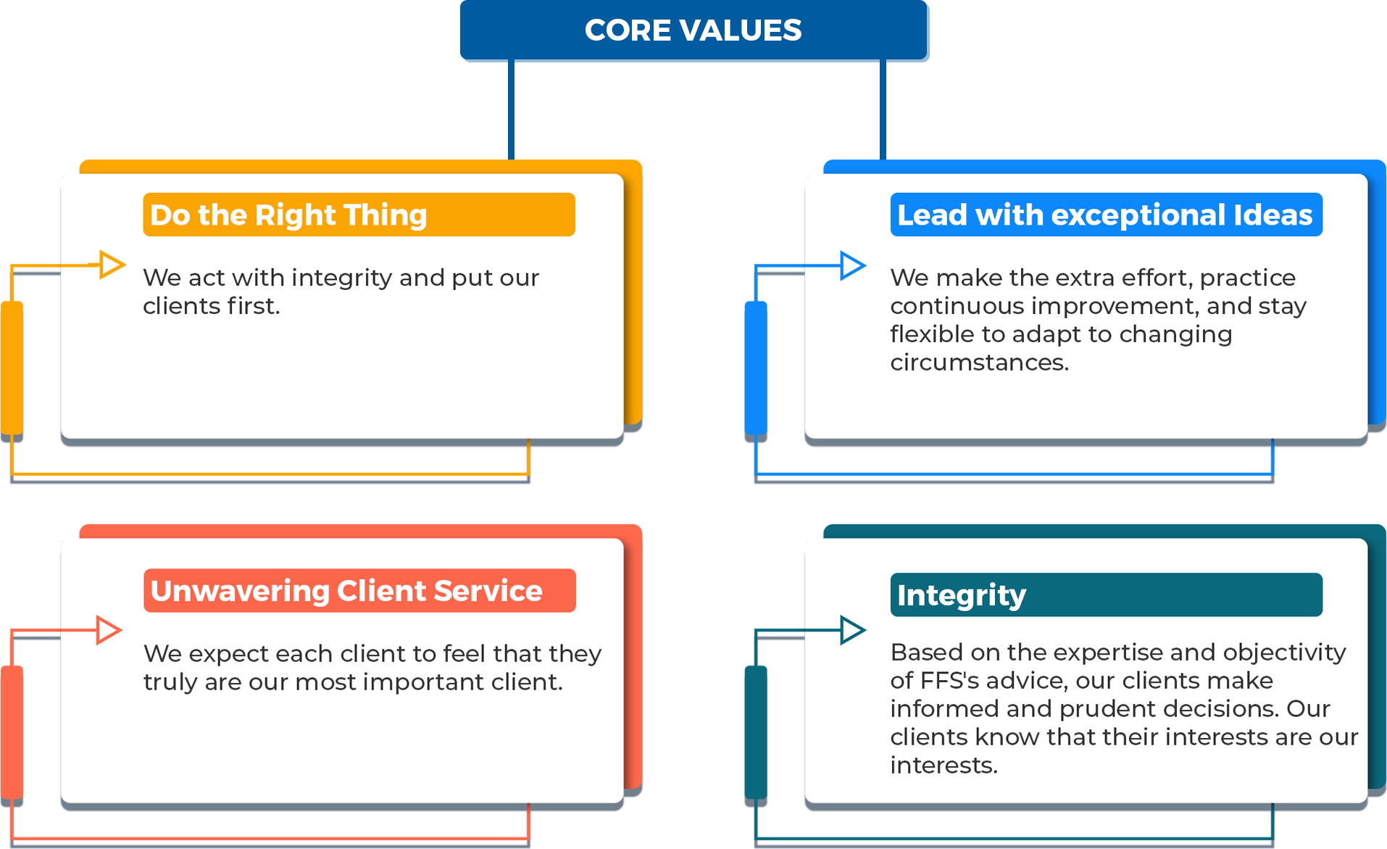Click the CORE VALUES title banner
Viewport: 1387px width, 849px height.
pyautogui.click(x=693, y=30)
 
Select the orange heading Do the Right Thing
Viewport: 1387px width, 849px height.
pyautogui.click(x=359, y=215)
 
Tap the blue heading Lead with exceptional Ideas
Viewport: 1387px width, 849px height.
pyautogui.click(x=1106, y=215)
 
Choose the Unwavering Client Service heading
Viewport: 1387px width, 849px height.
pyautogui.click(x=359, y=590)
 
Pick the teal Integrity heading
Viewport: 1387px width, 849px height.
pyautogui.click(x=1106, y=595)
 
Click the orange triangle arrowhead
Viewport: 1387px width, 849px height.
pyautogui.click(x=111, y=265)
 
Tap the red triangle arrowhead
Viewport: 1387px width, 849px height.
pyautogui.click(x=109, y=630)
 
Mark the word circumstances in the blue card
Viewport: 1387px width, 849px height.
pyautogui.click(x=979, y=362)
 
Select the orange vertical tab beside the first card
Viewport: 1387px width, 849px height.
pyautogui.click(x=12, y=368)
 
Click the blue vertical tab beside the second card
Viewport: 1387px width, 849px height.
pyautogui.click(x=756, y=368)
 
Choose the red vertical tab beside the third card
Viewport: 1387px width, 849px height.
pyautogui.click(x=12, y=732)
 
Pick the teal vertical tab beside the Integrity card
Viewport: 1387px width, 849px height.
pyautogui.click(x=756, y=732)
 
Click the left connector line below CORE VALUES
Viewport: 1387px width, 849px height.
pyautogui.click(x=512, y=109)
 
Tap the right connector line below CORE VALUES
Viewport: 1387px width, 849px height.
pyautogui.click(x=883, y=109)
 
